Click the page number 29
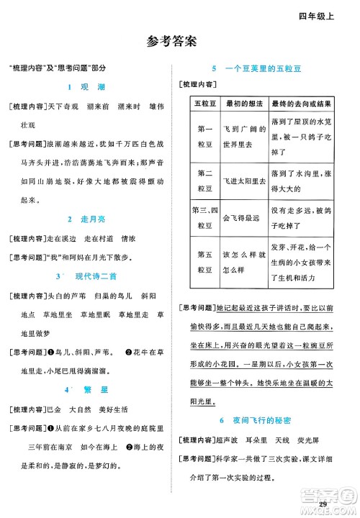click(323, 501)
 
